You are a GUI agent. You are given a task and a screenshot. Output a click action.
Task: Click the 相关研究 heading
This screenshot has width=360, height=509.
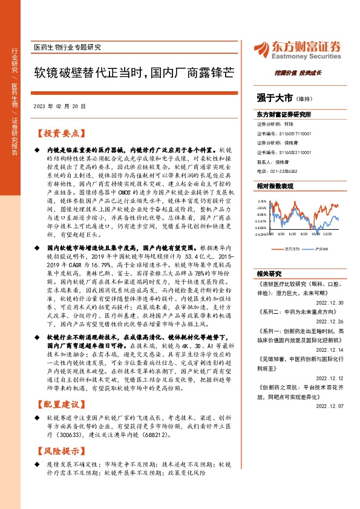(270, 273)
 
